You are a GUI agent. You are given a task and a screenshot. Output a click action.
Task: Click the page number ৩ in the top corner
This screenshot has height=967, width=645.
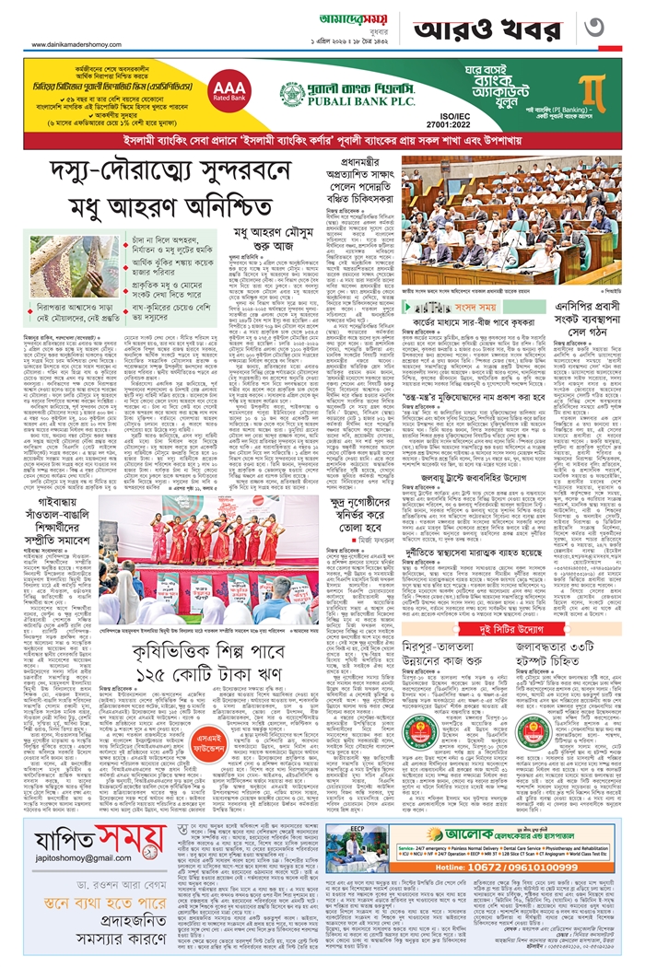(612, 26)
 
